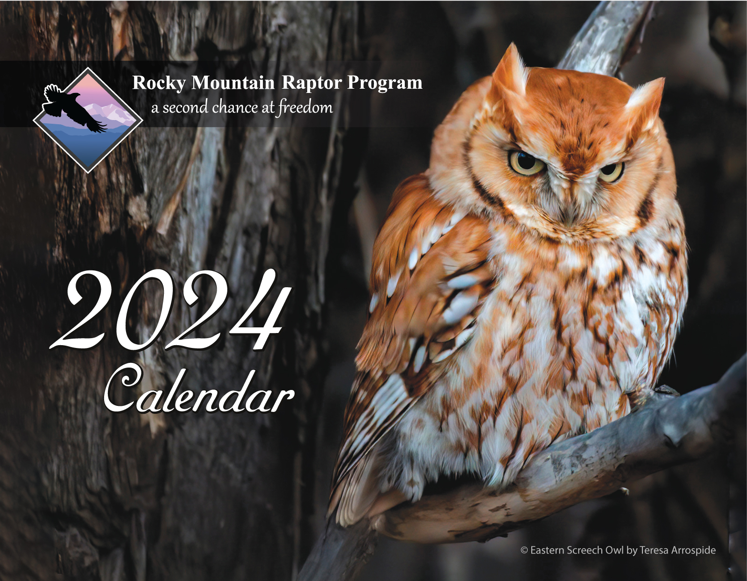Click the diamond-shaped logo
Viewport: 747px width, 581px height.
88,120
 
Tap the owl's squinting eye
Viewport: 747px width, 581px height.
610,171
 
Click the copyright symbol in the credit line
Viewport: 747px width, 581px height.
524,550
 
